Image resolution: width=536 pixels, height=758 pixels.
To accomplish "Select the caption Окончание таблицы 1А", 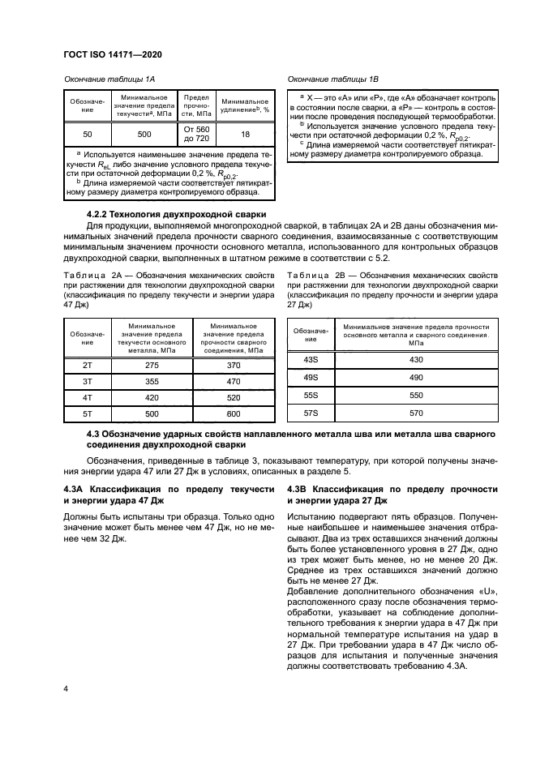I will (x=109, y=79).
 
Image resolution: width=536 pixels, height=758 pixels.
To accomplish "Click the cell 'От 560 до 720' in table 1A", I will (x=197, y=134).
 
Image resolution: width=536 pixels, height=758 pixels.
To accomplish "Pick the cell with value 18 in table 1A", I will (x=245, y=134).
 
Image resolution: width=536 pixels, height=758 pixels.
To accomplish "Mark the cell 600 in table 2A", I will (x=234, y=414).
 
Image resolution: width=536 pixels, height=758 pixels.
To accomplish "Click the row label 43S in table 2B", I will (x=310, y=359).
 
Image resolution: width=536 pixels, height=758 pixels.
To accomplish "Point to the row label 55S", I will (x=310, y=396).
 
